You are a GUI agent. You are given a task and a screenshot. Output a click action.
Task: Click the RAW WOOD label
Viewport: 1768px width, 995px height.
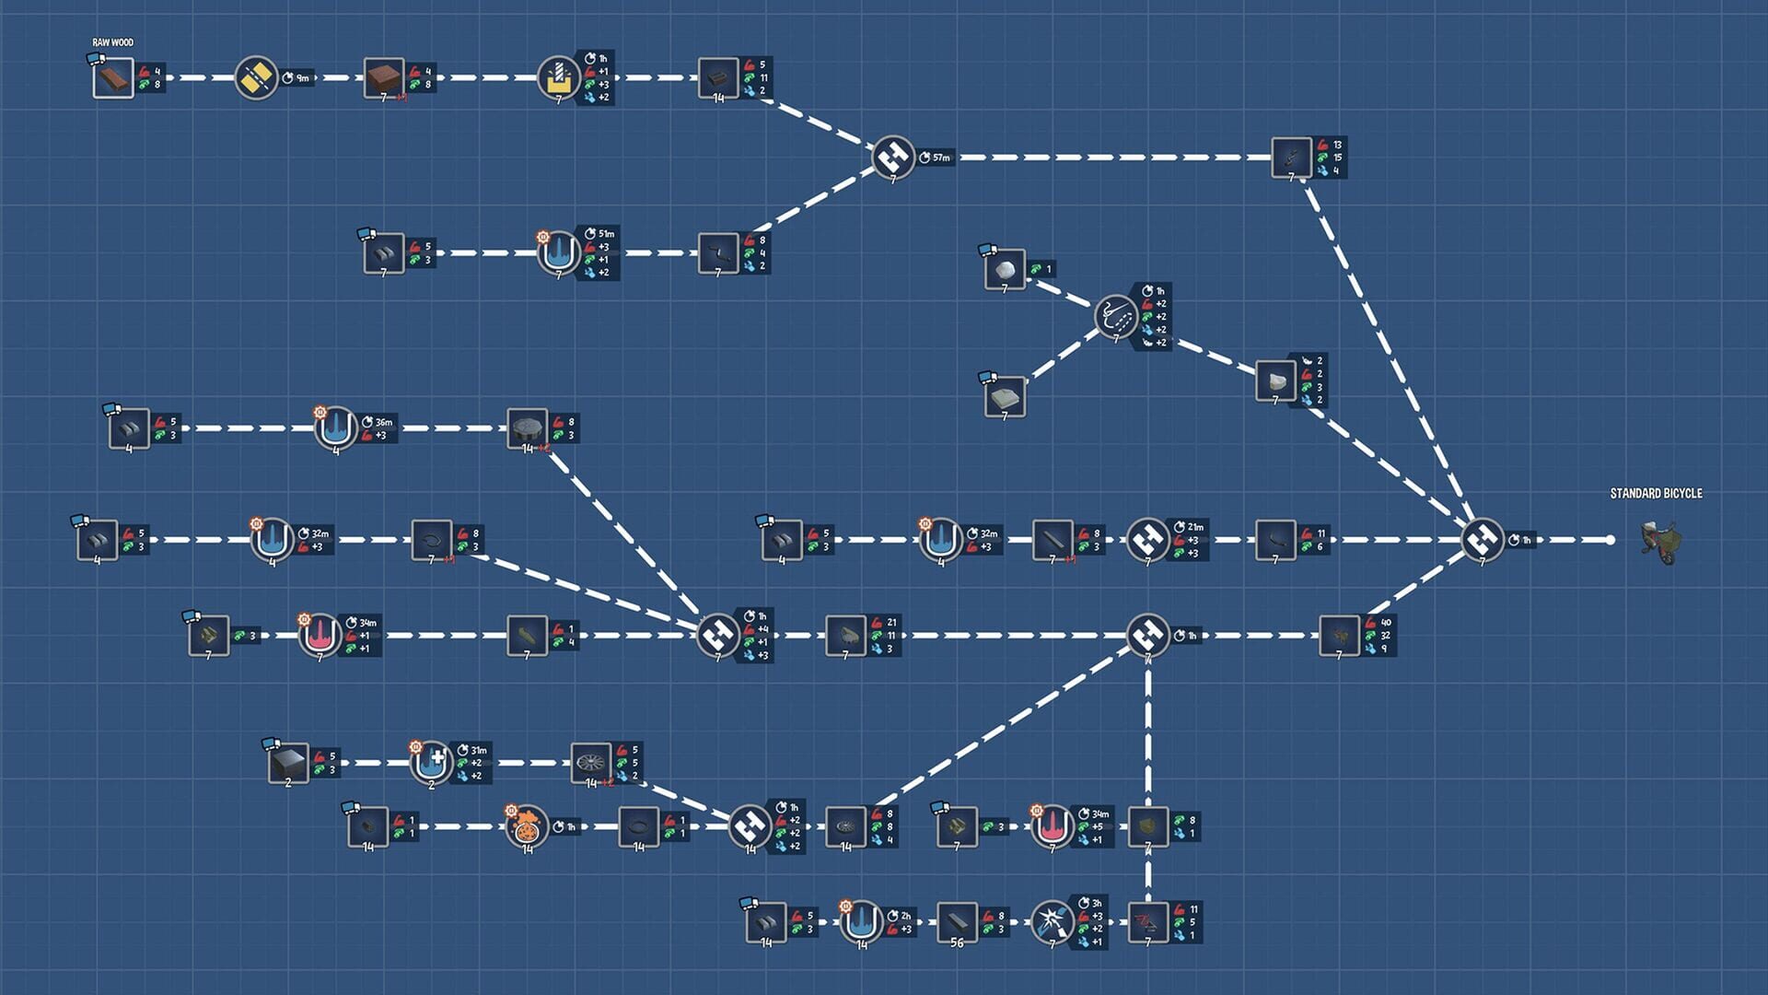tap(112, 42)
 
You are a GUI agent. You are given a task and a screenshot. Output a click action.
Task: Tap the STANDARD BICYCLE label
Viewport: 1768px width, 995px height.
tap(1656, 494)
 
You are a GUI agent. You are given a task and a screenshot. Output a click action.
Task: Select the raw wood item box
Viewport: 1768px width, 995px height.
tap(113, 78)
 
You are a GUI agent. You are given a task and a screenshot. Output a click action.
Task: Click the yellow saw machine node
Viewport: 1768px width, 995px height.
tap(256, 78)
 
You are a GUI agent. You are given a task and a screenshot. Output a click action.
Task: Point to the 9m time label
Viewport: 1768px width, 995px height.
tap(302, 78)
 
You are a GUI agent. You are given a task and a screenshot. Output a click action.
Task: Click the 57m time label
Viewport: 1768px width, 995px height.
tap(940, 158)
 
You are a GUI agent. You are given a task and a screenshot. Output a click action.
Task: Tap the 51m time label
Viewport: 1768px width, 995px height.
tap(606, 234)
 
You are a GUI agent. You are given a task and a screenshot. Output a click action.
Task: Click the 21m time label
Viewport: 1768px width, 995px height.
tap(1194, 527)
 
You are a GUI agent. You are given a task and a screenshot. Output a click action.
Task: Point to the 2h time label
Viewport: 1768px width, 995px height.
tap(905, 916)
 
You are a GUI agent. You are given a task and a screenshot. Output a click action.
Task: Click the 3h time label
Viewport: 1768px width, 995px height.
tap(1096, 904)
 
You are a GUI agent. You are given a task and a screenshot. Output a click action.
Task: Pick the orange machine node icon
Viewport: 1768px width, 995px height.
tap(527, 827)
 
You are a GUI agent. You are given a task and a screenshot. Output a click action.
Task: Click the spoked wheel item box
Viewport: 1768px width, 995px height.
tap(590, 763)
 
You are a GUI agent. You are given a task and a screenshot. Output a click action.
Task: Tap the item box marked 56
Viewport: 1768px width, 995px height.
tap(957, 922)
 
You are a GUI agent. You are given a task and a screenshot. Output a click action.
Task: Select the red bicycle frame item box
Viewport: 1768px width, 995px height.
tap(1147, 922)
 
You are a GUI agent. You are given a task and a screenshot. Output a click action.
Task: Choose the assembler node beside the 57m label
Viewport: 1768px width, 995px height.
tap(892, 158)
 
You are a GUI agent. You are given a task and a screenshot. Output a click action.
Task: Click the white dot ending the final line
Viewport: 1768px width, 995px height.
tap(1610, 540)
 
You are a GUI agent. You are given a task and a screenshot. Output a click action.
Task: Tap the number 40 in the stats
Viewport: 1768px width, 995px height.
tap(1386, 623)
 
